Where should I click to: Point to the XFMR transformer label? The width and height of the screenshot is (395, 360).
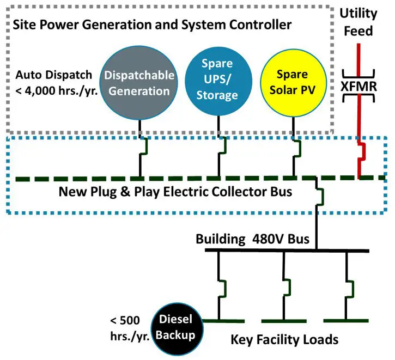point(357,87)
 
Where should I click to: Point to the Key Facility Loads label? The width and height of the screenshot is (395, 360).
point(284,340)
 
